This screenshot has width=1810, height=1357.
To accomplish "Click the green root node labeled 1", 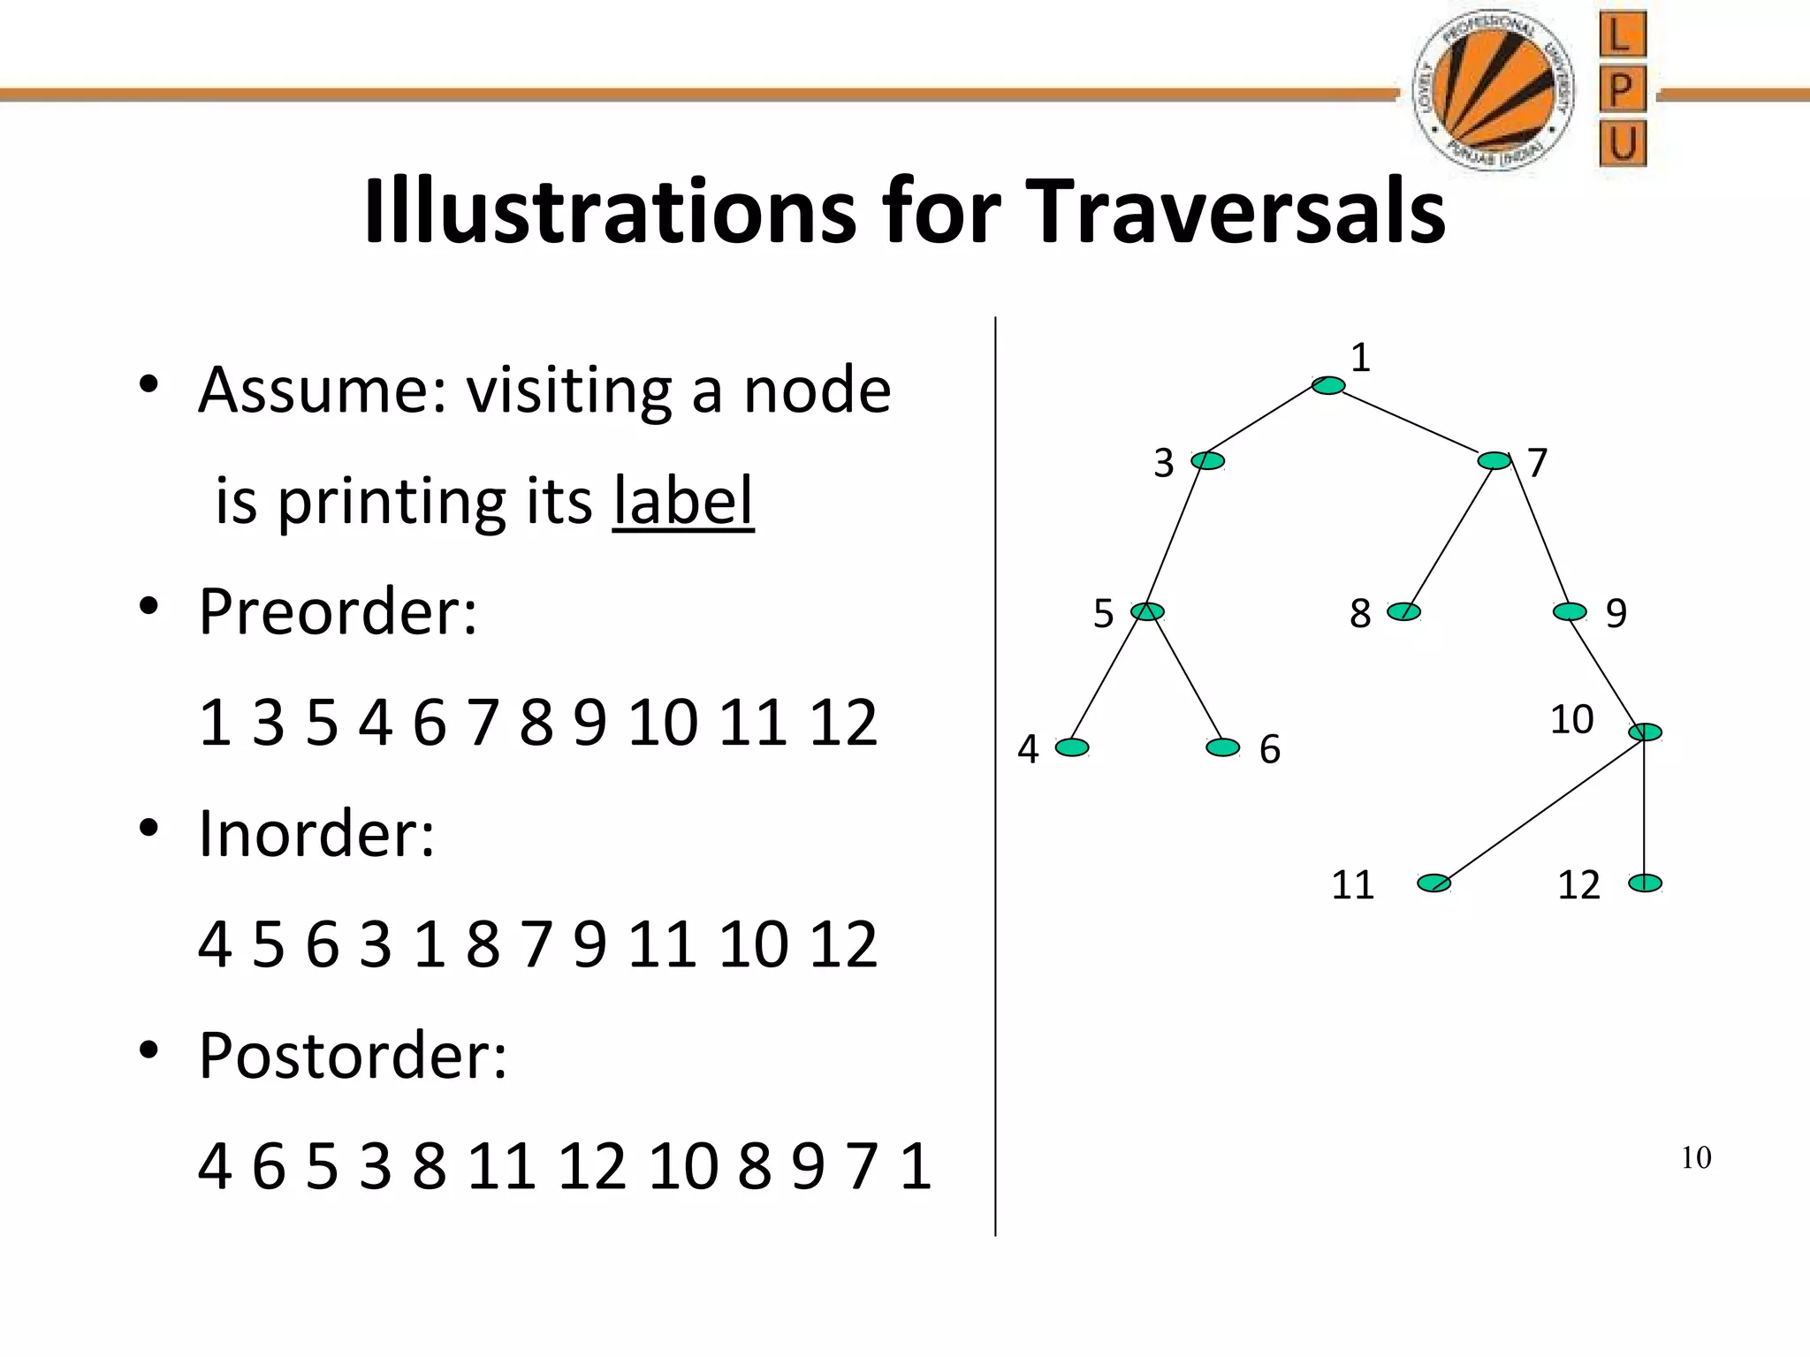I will point(1328,385).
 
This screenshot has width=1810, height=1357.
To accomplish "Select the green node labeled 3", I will point(1208,460).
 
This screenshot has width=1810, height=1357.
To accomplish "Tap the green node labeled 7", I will point(1494,460).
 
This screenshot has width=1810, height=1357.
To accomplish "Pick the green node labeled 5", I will point(1148,611).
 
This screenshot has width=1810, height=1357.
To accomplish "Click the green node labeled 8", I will point(1403,611).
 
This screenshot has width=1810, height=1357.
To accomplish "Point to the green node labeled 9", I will point(1570,611).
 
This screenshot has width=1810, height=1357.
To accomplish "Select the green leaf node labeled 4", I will point(1072,747).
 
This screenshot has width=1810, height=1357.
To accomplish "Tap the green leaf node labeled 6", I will point(1223,747).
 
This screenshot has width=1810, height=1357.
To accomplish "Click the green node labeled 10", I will point(1645,732).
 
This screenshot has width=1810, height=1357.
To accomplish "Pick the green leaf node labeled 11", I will point(1434,883).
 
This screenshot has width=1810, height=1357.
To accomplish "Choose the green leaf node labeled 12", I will point(1645,883).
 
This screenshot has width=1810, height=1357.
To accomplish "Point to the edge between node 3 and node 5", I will point(1177,536).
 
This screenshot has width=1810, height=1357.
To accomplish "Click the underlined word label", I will point(683,501).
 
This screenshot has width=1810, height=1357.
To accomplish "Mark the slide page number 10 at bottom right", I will point(1695,1157).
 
